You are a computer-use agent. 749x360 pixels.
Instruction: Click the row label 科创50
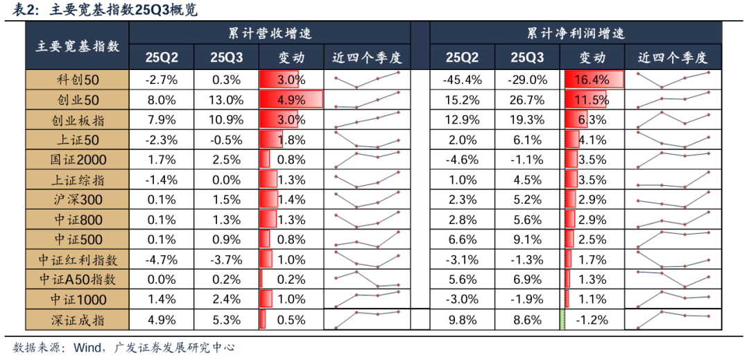[x=77, y=80]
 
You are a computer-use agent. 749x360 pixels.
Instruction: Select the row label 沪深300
[x=77, y=200]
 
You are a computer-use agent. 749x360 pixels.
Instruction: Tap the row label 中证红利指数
[x=77, y=260]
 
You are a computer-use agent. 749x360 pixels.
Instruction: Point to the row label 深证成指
[x=77, y=320]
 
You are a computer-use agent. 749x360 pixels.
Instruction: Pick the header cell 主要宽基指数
[x=77, y=46]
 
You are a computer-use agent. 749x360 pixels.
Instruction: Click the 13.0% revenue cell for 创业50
[x=226, y=100]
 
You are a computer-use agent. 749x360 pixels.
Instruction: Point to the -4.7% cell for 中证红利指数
[x=162, y=260]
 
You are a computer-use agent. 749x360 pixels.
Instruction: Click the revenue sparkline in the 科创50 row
[x=367, y=80]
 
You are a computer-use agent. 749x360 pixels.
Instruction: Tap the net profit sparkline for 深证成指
[x=673, y=320]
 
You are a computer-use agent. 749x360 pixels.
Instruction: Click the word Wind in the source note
[x=86, y=348]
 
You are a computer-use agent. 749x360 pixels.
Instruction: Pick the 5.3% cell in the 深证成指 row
[x=226, y=320]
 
